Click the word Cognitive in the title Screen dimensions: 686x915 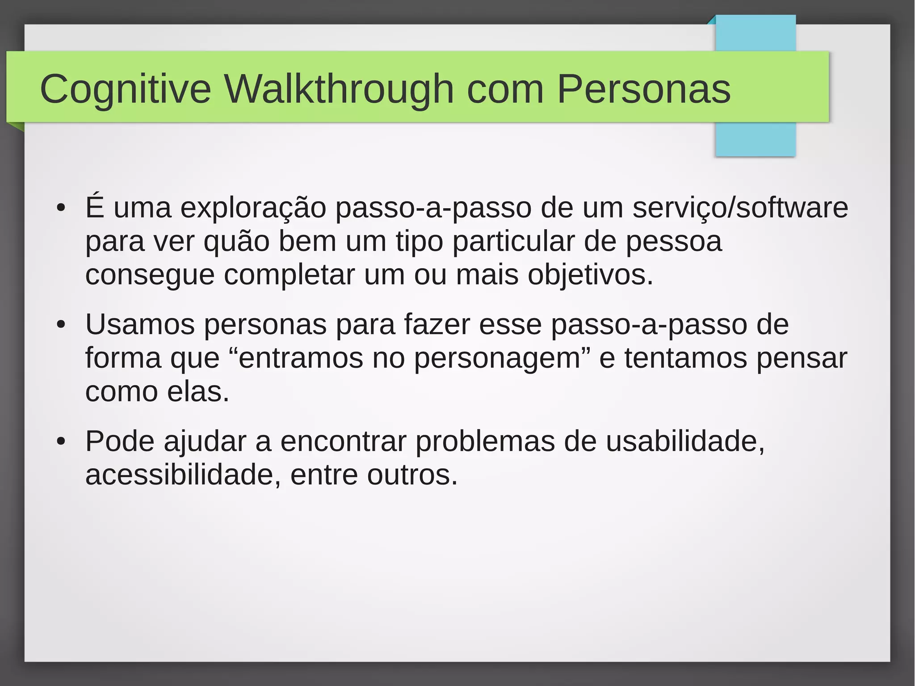[x=125, y=89]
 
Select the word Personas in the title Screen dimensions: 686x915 [x=643, y=89]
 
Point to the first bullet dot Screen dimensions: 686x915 [x=61, y=208]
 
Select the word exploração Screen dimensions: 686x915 [x=253, y=208]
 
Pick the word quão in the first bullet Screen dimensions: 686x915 [x=236, y=242]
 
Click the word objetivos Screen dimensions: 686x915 [x=590, y=275]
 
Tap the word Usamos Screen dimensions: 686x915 [x=140, y=325]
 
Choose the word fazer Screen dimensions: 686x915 [x=437, y=325]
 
